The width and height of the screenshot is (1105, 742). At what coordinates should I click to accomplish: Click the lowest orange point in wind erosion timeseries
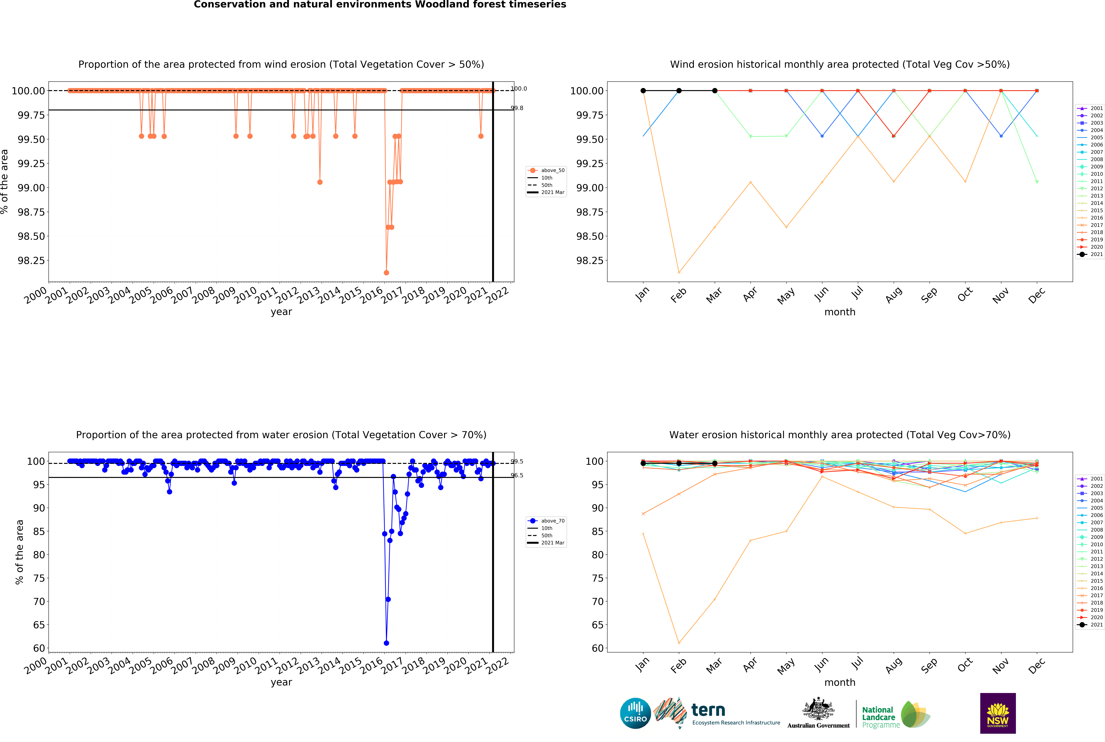coord(387,273)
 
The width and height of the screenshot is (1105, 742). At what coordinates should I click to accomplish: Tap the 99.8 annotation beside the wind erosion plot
coord(517,108)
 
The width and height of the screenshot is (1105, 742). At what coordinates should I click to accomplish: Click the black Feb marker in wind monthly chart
coord(679,90)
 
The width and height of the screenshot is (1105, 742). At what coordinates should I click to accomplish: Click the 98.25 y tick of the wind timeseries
coord(31,260)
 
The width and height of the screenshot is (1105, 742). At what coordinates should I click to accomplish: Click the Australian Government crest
coord(818,708)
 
